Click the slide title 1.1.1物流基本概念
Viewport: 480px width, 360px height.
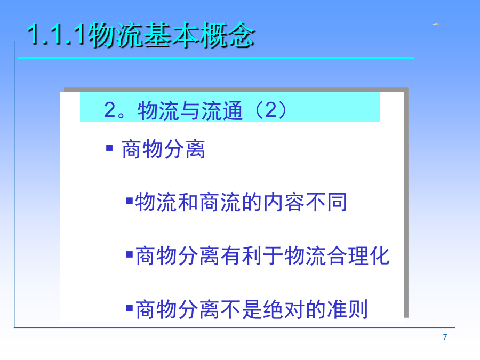pyautogui.click(x=141, y=35)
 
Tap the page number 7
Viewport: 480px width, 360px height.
pyautogui.click(x=445, y=338)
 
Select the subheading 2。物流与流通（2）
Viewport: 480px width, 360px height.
pyautogui.click(x=196, y=110)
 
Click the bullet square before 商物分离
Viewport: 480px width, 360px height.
pyautogui.click(x=109, y=148)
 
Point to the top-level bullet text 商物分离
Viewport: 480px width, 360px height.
pyautogui.click(x=164, y=149)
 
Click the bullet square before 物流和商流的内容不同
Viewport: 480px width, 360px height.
pyautogui.click(x=130, y=201)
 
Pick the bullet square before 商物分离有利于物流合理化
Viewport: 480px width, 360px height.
pyautogui.click(x=130, y=254)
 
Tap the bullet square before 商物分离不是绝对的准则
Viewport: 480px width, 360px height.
pyautogui.click(x=130, y=308)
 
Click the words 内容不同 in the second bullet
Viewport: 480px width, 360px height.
pyautogui.click(x=305, y=202)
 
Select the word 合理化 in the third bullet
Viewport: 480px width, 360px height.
pyautogui.click(x=358, y=255)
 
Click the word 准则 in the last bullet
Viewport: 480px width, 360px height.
pyautogui.click(x=348, y=309)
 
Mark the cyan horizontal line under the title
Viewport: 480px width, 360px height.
pyautogui.click(x=216, y=58)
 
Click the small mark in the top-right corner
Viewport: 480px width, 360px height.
pyautogui.click(x=436, y=24)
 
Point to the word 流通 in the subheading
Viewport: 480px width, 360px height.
pyautogui.click(x=222, y=110)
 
